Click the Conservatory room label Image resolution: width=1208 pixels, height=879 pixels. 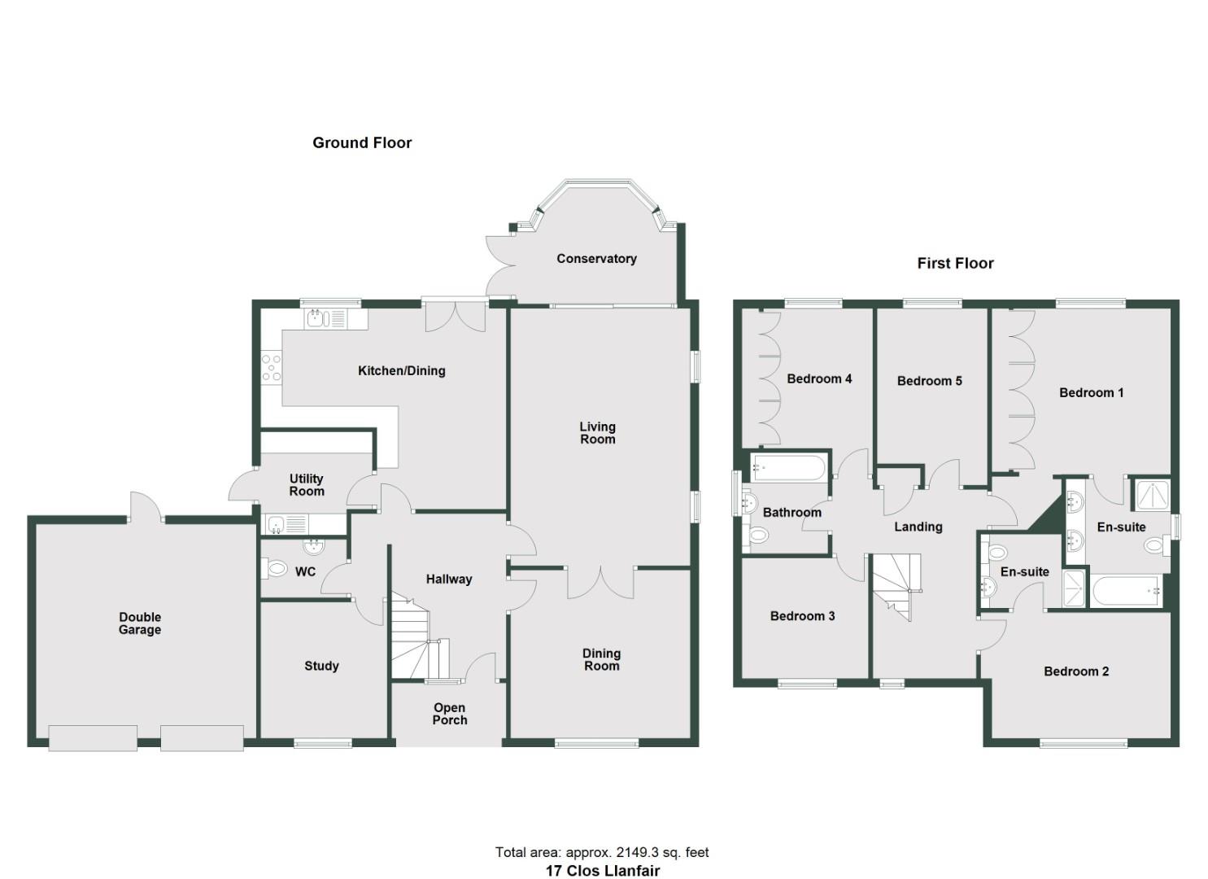click(596, 259)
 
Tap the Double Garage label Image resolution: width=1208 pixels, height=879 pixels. click(140, 623)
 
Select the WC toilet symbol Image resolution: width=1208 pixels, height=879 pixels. click(277, 568)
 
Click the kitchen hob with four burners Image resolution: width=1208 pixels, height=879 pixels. click(272, 367)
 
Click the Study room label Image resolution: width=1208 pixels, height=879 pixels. click(321, 666)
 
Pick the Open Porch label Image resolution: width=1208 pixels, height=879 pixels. click(450, 714)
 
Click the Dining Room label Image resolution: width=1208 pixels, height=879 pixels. click(601, 659)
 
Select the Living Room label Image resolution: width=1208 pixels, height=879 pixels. click(597, 433)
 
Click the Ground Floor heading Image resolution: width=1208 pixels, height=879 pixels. click(362, 143)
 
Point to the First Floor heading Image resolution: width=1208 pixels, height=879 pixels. click(955, 264)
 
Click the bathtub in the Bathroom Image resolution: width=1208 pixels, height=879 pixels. click(788, 468)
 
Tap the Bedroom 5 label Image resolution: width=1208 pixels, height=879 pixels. click(929, 381)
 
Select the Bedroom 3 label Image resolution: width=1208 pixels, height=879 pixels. click(802, 616)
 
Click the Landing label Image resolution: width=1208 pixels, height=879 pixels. click(918, 527)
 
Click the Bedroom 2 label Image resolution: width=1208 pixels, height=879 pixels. click(1075, 671)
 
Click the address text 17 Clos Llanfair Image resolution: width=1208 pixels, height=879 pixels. click(602, 871)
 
